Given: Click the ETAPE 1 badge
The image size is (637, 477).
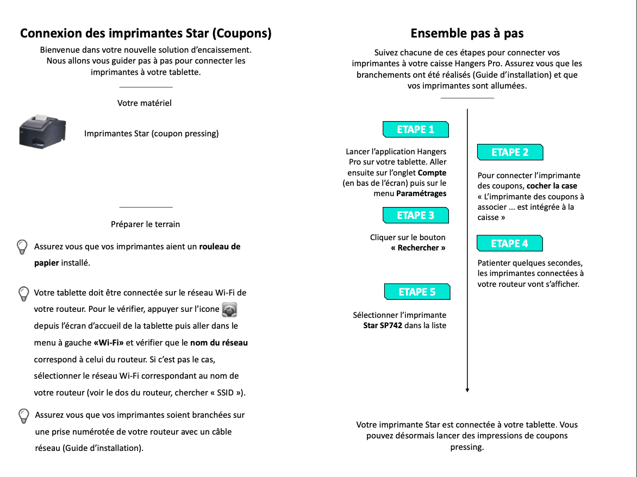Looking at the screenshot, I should pos(416,129).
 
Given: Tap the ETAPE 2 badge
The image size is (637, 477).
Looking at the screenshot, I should pos(510,152).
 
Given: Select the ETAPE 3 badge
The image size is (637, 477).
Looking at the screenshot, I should pos(416,215).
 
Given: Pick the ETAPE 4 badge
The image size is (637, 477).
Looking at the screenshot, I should pos(510,243).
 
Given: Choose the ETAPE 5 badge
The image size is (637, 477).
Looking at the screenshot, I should pos(417,292).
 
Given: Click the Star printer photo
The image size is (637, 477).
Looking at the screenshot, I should pos(42,131).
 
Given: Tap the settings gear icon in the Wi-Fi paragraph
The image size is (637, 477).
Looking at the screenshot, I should pos(230,310).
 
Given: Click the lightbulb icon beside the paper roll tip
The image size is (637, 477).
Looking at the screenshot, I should pos(22,247).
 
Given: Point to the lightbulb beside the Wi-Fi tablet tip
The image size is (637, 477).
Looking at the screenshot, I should pos(24,293).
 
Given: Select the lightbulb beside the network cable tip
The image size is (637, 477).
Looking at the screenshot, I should pos(24,416).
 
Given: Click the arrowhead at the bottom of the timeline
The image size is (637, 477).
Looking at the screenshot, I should pos(467,389).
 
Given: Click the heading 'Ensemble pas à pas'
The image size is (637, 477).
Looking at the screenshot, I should pos(467,34).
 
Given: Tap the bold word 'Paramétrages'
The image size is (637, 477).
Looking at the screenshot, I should pos(421,193).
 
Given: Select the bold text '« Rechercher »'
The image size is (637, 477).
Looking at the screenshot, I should pos(418,248).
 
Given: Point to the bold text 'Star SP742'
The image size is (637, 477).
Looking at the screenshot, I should pos(383,325).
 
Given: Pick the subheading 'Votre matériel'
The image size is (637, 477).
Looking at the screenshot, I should pos(145,103).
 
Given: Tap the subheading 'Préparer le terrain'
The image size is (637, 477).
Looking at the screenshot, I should pos(145,224).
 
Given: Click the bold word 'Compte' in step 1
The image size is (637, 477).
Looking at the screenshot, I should pos(432,173).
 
